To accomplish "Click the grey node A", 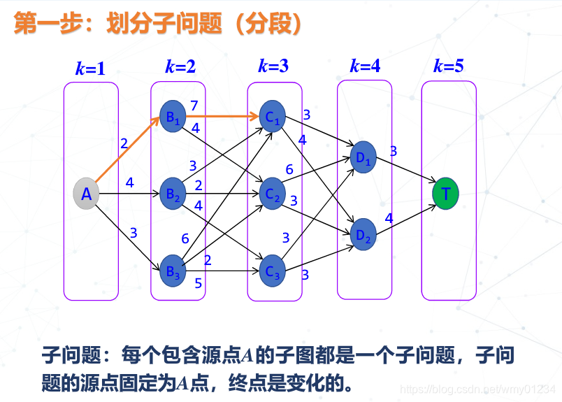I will click(87, 194).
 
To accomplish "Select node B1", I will click(172, 117).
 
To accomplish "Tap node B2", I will click(172, 194).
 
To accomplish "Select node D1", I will click(363, 157).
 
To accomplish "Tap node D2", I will click(363, 234).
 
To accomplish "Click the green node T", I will click(445, 194).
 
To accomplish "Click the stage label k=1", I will click(90, 69).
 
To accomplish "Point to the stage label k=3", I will click(273, 66).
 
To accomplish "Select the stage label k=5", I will click(448, 66).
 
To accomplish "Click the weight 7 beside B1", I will click(194, 106).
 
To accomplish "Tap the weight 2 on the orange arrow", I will click(124, 144).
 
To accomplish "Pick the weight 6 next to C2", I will click(289, 170).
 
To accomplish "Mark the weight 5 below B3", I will click(198, 283).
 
